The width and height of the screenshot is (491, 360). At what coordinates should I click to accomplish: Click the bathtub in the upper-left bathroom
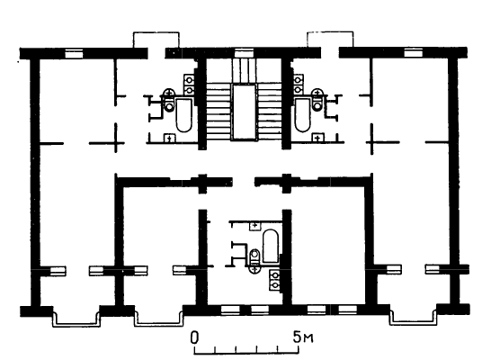pyautogui.click(x=183, y=115)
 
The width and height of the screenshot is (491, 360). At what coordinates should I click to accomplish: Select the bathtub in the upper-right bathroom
pyautogui.click(x=302, y=115)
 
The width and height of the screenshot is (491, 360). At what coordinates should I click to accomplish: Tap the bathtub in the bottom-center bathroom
pyautogui.click(x=271, y=247)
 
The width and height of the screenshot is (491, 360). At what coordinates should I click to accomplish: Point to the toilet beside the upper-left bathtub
pyautogui.click(x=169, y=100)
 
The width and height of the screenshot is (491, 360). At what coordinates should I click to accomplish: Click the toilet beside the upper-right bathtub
pyautogui.click(x=317, y=100)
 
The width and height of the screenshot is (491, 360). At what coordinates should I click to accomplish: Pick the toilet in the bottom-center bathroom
pyautogui.click(x=255, y=261)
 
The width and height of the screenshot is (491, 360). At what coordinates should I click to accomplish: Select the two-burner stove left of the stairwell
pyautogui.click(x=189, y=85)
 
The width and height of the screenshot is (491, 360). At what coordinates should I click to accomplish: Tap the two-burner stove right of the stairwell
pyautogui.click(x=299, y=85)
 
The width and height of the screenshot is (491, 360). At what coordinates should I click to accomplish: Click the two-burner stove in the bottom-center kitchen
pyautogui.click(x=275, y=280)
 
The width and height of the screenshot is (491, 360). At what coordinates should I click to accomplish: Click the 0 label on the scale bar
pyautogui.click(x=195, y=337)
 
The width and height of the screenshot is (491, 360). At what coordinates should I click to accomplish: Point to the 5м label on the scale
pyautogui.click(x=303, y=337)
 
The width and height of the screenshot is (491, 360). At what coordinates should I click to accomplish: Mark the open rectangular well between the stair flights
pyautogui.click(x=245, y=112)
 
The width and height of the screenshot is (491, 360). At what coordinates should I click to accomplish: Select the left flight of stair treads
pyautogui.click(x=219, y=112)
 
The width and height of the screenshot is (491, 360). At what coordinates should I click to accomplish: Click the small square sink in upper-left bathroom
pyautogui.click(x=169, y=138)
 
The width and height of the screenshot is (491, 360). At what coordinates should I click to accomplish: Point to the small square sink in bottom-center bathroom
pyautogui.click(x=254, y=226)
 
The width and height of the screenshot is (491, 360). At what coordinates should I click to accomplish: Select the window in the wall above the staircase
pyautogui.click(x=244, y=53)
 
